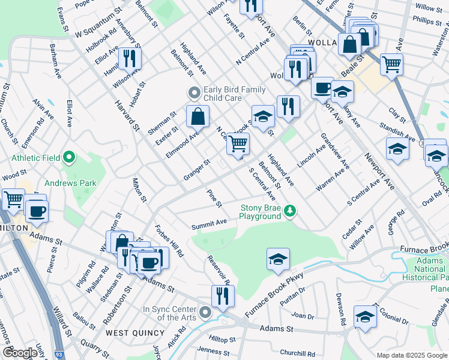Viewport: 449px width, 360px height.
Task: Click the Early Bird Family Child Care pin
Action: [194, 93]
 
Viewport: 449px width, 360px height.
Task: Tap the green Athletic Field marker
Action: [69, 158]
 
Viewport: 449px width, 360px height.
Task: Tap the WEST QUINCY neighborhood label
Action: [135, 332]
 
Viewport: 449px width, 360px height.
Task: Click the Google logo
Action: [20, 353]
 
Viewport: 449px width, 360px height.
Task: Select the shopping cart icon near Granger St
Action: [238, 143]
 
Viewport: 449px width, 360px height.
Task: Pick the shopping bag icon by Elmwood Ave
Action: [197, 116]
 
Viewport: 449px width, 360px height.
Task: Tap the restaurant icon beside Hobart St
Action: [130, 58]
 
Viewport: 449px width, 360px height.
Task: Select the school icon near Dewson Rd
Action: [366, 317]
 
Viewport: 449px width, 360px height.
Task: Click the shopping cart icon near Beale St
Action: [391, 64]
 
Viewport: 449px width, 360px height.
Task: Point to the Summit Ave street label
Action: [209, 224]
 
